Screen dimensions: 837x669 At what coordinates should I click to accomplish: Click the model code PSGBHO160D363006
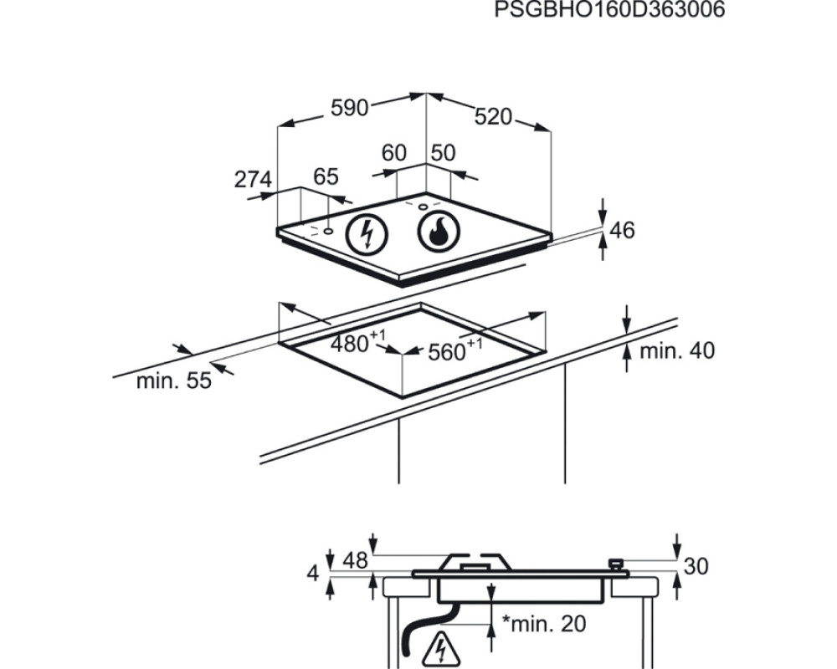[x=609, y=9]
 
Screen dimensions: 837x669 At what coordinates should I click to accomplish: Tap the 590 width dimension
[x=350, y=108]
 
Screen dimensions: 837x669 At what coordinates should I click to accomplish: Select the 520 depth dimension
[x=493, y=117]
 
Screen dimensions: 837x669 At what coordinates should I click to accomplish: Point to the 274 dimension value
[x=253, y=179]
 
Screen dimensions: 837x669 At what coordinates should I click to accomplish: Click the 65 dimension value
[x=326, y=176]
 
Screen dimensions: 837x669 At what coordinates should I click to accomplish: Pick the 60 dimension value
[x=394, y=153]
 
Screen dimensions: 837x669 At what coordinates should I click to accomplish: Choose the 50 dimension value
[x=443, y=153]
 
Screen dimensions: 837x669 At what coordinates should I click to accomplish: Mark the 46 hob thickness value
[x=622, y=230]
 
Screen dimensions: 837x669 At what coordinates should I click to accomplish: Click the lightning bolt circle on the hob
[x=367, y=233]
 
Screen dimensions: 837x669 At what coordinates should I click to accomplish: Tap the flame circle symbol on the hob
[x=439, y=232]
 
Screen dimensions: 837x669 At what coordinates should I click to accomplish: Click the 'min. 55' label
[x=174, y=381]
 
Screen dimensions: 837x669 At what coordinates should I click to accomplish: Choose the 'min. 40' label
[x=677, y=351]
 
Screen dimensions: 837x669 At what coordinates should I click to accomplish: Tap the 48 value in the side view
[x=355, y=560]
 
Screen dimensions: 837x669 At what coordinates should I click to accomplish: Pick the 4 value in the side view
[x=313, y=574]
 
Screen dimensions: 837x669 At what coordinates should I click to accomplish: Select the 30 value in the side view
[x=696, y=566]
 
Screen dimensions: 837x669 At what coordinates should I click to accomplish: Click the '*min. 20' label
[x=544, y=623]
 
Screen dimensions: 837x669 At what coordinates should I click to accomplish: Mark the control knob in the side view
[x=616, y=564]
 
